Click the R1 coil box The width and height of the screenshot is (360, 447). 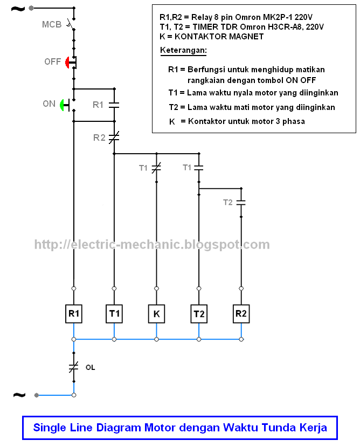pyautogui.click(x=74, y=314)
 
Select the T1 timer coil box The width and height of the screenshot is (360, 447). pyautogui.click(x=114, y=314)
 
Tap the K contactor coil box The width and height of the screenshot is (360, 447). pyautogui.click(x=156, y=314)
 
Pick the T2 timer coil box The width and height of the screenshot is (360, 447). pyautogui.click(x=199, y=314)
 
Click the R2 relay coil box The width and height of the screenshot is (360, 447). pyautogui.click(x=241, y=314)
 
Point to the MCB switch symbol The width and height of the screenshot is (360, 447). pyautogui.click(x=71, y=24)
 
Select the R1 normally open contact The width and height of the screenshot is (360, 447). pyautogui.click(x=114, y=105)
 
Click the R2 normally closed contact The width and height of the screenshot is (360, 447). pyautogui.click(x=114, y=137)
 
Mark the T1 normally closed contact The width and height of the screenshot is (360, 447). pyautogui.click(x=156, y=168)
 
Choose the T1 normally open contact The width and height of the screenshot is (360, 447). pyautogui.click(x=199, y=168)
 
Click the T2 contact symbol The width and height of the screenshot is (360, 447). pyautogui.click(x=241, y=202)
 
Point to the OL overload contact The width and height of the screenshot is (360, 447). pyautogui.click(x=74, y=367)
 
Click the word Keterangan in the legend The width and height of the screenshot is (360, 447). pyautogui.click(x=183, y=51)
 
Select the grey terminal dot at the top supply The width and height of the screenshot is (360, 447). pyautogui.click(x=31, y=8)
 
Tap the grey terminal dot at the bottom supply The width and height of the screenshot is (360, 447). pyautogui.click(x=37, y=395)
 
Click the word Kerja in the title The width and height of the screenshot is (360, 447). pyautogui.click(x=313, y=428)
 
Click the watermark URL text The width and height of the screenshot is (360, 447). pyautogui.click(x=152, y=245)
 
